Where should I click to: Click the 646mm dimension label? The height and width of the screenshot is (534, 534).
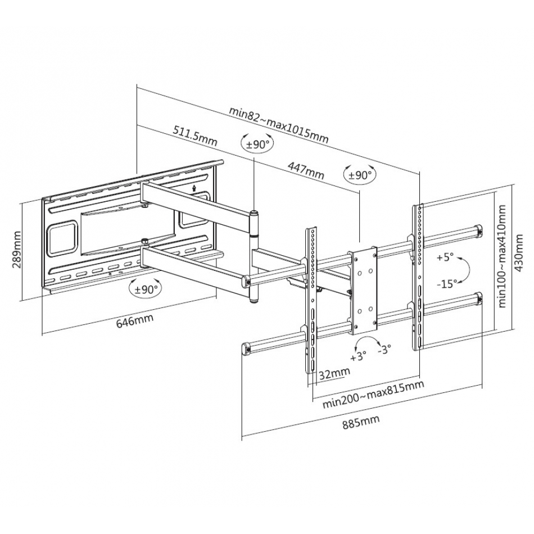[135, 320]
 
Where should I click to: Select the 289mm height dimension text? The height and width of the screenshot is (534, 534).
[16, 249]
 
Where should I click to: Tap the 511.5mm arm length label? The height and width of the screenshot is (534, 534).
[195, 135]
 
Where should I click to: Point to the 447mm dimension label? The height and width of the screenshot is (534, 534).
[306, 171]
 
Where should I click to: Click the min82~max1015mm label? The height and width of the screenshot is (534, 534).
[279, 125]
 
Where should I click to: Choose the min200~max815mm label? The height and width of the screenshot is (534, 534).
[373, 394]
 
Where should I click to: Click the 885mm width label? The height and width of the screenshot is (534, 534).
[361, 422]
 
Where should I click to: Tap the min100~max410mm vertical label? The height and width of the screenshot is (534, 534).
[502, 256]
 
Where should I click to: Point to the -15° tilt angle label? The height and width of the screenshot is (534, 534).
[447, 284]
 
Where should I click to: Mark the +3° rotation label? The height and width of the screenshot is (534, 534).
[358, 357]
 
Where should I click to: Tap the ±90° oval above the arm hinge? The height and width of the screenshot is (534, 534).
[257, 144]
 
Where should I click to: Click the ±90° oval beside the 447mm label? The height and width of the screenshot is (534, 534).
[360, 175]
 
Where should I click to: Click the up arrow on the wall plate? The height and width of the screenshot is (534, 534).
[194, 188]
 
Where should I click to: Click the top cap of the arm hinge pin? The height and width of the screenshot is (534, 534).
[254, 213]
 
